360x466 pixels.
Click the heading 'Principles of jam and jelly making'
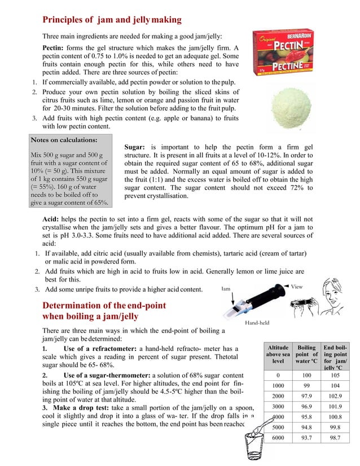(x=112, y=20)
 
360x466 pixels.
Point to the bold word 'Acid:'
(x=54, y=219)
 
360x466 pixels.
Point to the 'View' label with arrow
(x=296, y=287)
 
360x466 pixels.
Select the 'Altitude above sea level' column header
(x=278, y=354)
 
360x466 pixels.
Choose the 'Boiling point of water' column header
(x=307, y=354)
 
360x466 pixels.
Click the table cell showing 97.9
(x=307, y=397)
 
